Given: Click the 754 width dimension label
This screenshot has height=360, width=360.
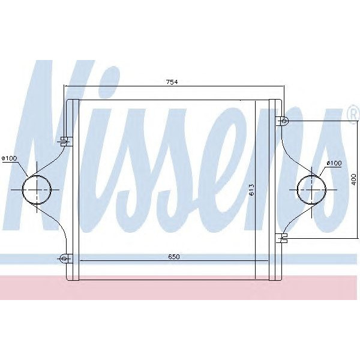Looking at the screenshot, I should click(x=173, y=82).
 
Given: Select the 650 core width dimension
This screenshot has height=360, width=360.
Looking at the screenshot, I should click(x=173, y=256).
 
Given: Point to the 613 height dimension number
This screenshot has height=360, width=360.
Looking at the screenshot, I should click(x=252, y=189).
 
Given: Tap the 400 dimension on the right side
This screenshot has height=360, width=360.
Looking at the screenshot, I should click(x=354, y=180).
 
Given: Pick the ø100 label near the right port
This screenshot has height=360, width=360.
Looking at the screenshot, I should click(x=334, y=163).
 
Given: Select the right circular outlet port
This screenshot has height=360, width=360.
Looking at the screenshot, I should click(x=311, y=190).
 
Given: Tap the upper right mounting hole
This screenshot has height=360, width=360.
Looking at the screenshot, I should click(x=284, y=121).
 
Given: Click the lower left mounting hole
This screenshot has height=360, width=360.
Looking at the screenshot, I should click(x=63, y=259).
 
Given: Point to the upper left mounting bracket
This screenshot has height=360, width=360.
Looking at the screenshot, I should click(x=64, y=142).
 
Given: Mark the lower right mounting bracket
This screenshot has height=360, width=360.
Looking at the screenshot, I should click(x=282, y=238).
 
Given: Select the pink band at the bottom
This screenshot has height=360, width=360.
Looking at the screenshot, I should click(x=180, y=288).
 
